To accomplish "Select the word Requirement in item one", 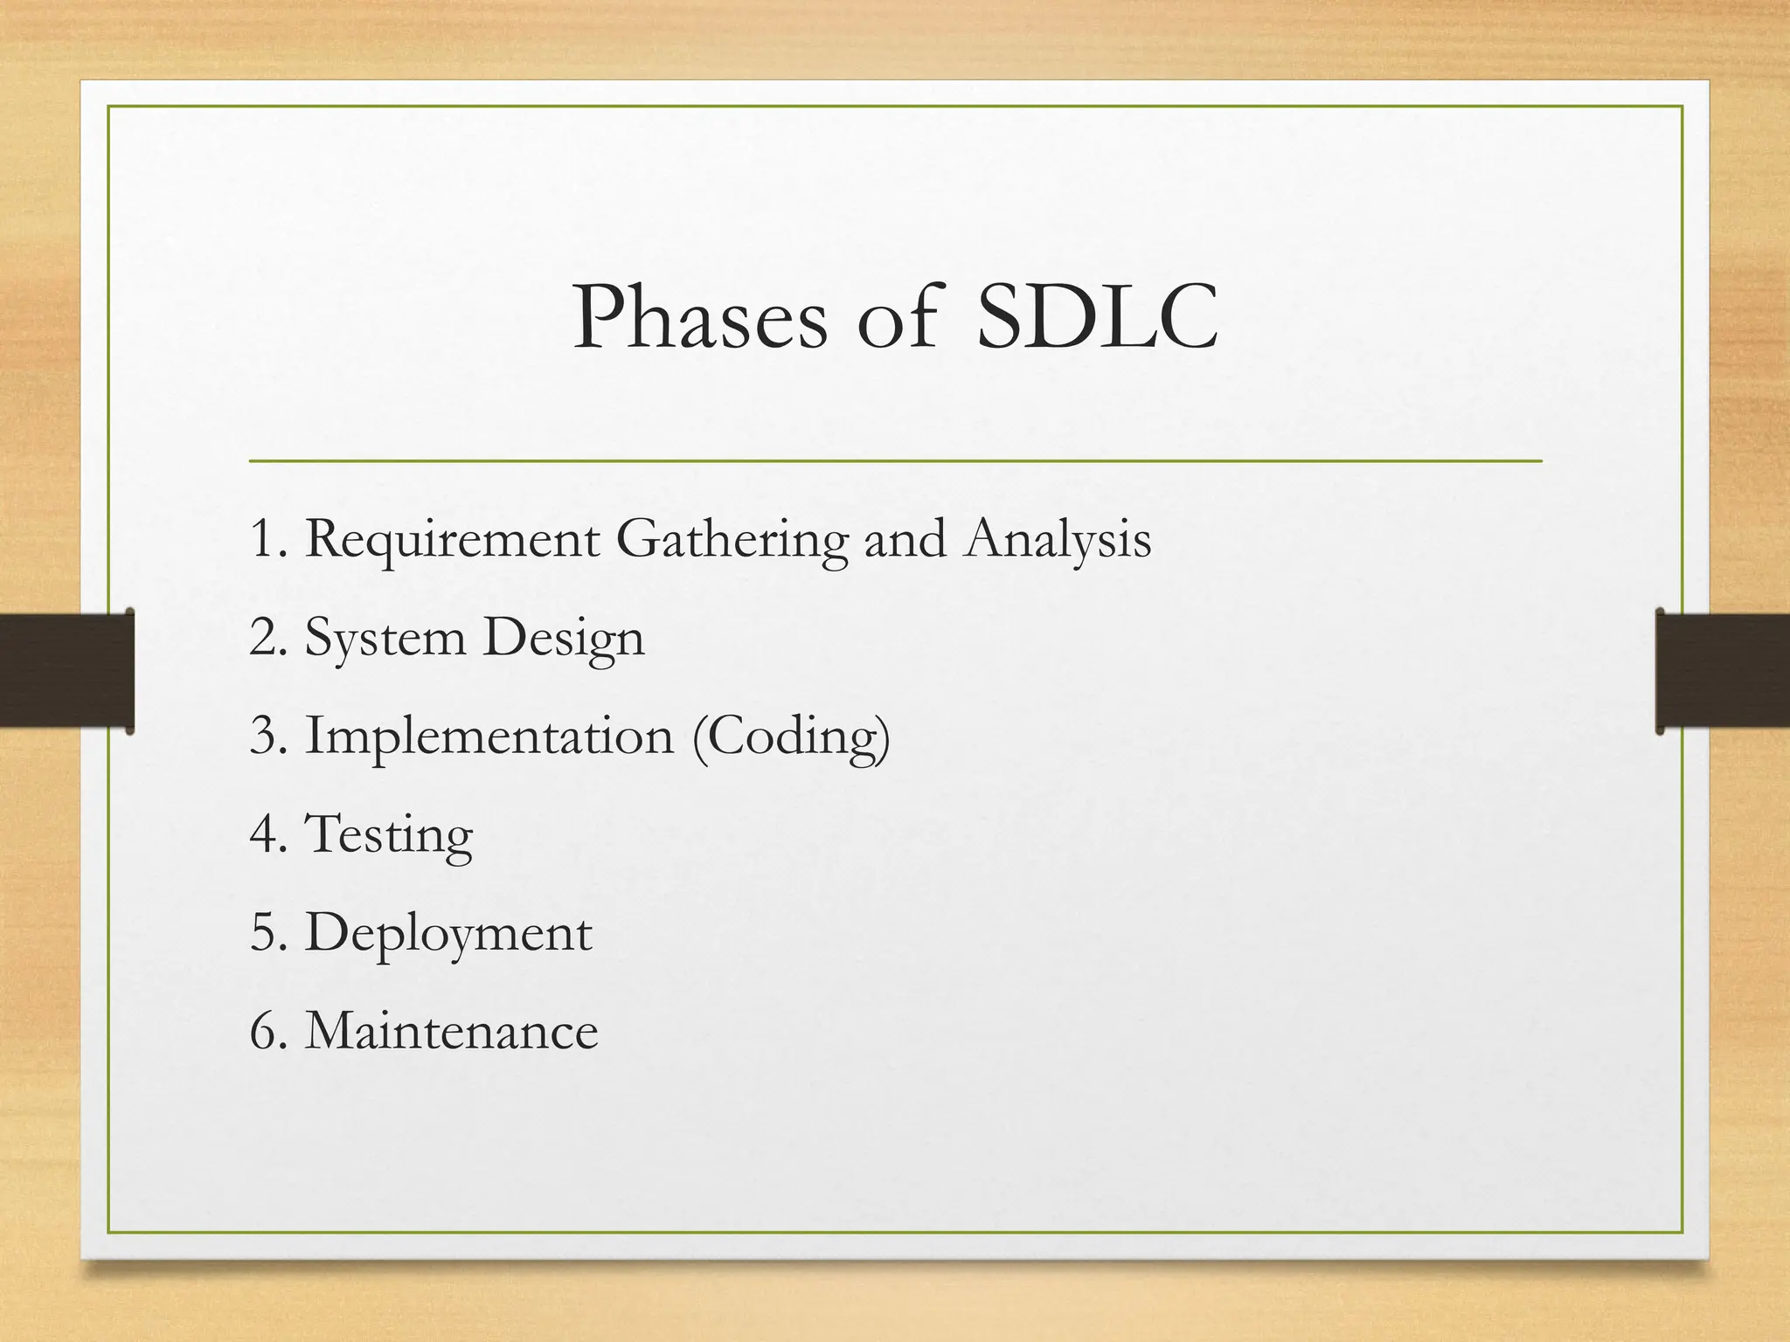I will click(x=451, y=540).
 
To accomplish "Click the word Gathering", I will click(x=731, y=540).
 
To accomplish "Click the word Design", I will click(x=564, y=639).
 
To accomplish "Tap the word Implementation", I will click(x=489, y=737).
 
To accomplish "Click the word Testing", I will click(x=388, y=835).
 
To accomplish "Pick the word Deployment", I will click(x=447, y=934).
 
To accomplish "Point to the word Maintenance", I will click(x=451, y=1031).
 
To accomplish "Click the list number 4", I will click(x=264, y=834).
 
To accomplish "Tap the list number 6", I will click(x=264, y=1031).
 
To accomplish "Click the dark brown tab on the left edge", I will click(x=66, y=670).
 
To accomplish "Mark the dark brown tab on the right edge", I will click(x=1723, y=670).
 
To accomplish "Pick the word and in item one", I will click(x=905, y=540).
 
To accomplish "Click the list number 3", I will click(x=264, y=736).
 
